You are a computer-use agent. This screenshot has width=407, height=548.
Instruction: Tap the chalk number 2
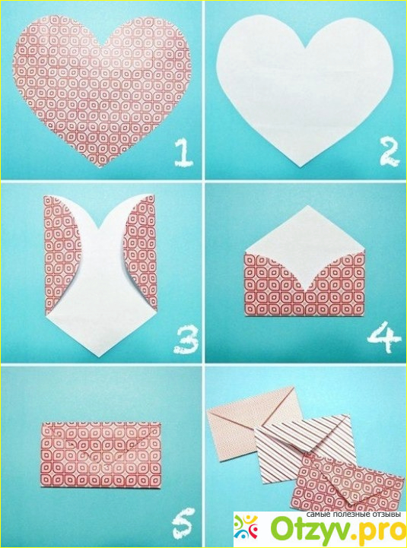[x=390, y=152]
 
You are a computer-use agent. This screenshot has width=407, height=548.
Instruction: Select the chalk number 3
[x=186, y=339]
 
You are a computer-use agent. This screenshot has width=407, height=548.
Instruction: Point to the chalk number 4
[x=383, y=336]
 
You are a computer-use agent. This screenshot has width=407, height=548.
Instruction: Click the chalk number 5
[x=183, y=523]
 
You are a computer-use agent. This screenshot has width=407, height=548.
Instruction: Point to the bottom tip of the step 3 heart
[x=100, y=356]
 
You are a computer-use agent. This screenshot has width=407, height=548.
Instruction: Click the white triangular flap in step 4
[x=305, y=245]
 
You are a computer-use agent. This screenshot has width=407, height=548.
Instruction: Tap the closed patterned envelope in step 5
[x=100, y=455]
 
